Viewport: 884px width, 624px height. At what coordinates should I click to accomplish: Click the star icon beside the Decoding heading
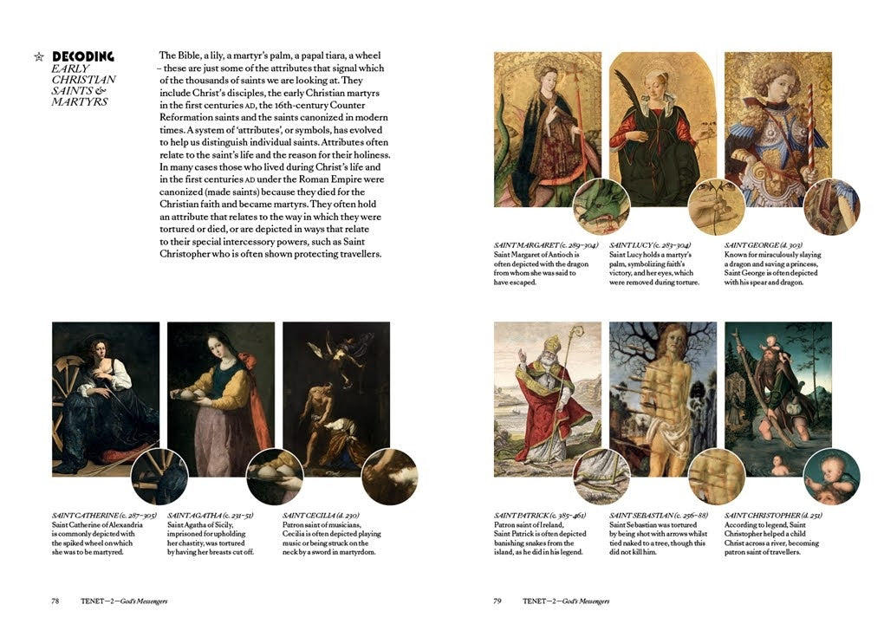(x=38, y=57)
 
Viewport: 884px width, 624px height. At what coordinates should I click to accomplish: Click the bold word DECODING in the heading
(x=82, y=57)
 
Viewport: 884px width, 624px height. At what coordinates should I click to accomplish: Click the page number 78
(x=55, y=601)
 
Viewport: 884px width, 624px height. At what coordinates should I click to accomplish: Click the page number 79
(x=497, y=601)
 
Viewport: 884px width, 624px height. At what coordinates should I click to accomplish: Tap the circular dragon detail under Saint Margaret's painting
(x=601, y=207)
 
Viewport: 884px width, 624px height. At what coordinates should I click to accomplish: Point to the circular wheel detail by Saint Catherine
(x=159, y=477)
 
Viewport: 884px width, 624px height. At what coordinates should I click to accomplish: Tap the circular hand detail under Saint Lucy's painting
(x=716, y=207)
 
